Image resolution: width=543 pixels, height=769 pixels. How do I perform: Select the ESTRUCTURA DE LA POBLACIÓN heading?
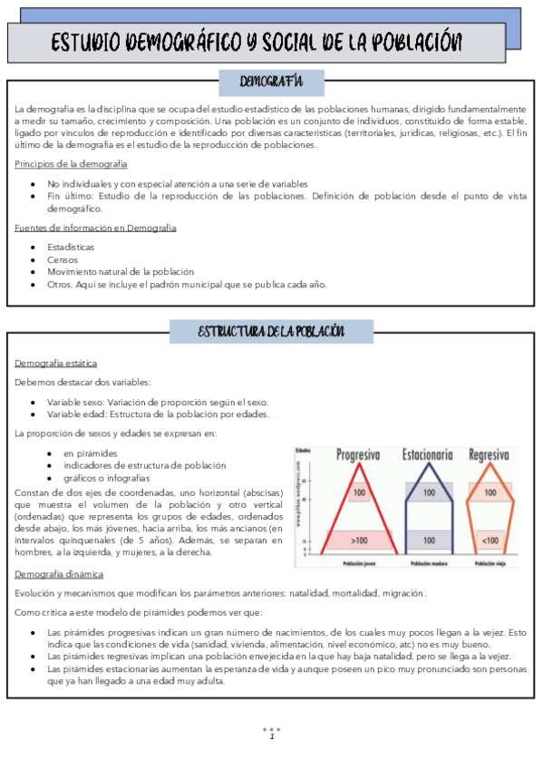tap(271, 331)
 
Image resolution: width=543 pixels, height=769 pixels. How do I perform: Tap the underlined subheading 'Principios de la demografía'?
tap(71, 164)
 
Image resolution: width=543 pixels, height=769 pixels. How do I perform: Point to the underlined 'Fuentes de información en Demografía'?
tap(95, 228)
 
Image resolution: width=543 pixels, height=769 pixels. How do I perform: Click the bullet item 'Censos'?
tap(63, 259)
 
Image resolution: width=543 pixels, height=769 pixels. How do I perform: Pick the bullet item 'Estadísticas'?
tap(71, 247)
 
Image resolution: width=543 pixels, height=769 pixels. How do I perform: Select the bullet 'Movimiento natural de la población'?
tap(121, 272)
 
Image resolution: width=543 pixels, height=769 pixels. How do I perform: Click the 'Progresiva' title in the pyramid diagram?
tap(358, 454)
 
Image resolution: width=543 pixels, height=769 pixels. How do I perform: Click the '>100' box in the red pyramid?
tap(359, 540)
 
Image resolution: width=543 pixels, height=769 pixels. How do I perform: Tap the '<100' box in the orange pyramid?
tap(490, 540)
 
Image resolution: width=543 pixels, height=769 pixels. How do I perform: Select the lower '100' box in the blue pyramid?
tap(429, 540)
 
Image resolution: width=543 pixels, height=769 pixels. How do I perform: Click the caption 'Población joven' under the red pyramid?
tap(359, 563)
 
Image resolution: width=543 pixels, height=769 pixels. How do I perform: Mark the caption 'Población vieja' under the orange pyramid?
tap(490, 563)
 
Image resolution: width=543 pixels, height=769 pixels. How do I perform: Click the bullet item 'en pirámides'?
tap(90, 453)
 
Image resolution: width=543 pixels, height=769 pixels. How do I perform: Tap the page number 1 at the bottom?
tap(271, 736)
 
